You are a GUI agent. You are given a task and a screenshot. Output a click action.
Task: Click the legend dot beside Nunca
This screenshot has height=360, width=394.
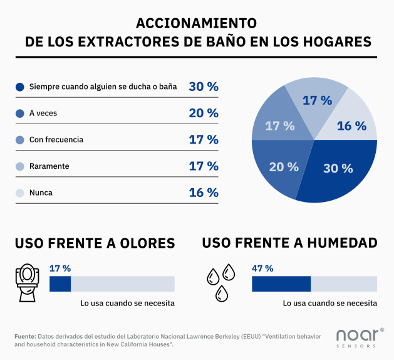point(19,193)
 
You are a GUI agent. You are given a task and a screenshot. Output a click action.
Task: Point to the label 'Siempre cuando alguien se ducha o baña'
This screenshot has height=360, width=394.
point(103,87)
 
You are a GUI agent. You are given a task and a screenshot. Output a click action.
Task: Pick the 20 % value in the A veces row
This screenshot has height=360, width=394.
point(204,113)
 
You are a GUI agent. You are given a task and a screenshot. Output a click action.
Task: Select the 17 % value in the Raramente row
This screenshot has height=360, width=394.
point(204,166)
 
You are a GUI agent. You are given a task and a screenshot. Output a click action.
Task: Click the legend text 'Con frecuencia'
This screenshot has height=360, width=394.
point(56,140)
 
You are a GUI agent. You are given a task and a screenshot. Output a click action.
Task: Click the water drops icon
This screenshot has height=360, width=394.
point(221,281)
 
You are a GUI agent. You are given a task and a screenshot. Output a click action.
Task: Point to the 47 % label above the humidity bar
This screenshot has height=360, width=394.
point(262,268)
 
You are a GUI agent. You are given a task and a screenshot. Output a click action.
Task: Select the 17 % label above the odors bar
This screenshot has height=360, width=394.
point(60,268)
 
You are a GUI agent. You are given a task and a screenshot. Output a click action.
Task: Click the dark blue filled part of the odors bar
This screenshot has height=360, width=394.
point(60,283)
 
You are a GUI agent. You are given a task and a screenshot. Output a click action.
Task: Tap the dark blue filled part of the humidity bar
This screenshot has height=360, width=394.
point(281,283)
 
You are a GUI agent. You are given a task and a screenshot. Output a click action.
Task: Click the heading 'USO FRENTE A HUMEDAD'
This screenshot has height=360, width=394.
point(289,242)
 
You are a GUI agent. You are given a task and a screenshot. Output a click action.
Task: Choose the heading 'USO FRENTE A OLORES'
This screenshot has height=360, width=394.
point(95,243)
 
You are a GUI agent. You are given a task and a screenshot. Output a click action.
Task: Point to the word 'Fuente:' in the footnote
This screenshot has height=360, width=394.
point(25,337)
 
